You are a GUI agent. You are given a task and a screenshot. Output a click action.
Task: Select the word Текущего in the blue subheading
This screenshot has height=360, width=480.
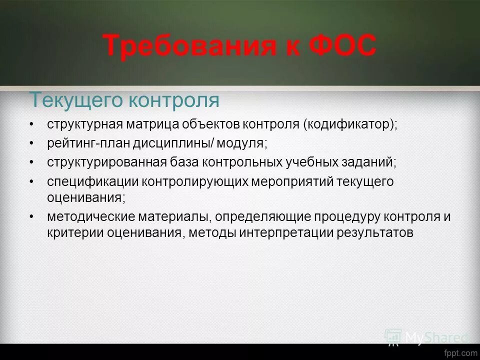(75, 100)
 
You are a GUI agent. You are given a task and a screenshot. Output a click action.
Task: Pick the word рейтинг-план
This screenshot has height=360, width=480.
(88, 143)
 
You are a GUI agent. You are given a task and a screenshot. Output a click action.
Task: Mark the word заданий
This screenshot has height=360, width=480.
(371, 162)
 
